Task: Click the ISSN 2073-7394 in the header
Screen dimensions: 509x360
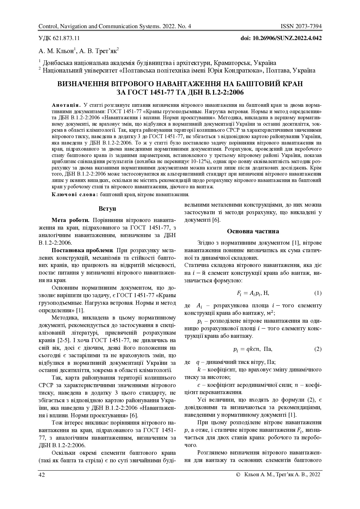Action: pos(301,27)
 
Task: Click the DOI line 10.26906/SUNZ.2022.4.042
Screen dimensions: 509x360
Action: pos(281,38)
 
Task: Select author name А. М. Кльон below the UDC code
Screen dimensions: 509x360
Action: pos(57,52)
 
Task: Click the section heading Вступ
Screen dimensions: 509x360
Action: pos(107,209)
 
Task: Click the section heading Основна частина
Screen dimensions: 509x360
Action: pos(253,231)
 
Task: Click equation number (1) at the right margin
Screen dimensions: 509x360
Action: pos(318,293)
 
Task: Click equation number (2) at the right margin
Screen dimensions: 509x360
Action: pos(318,349)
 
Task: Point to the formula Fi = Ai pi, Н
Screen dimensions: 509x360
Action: pos(253,293)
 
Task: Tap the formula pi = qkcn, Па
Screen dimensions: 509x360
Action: pos(253,349)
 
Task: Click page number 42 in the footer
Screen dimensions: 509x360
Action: pos(42,474)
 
